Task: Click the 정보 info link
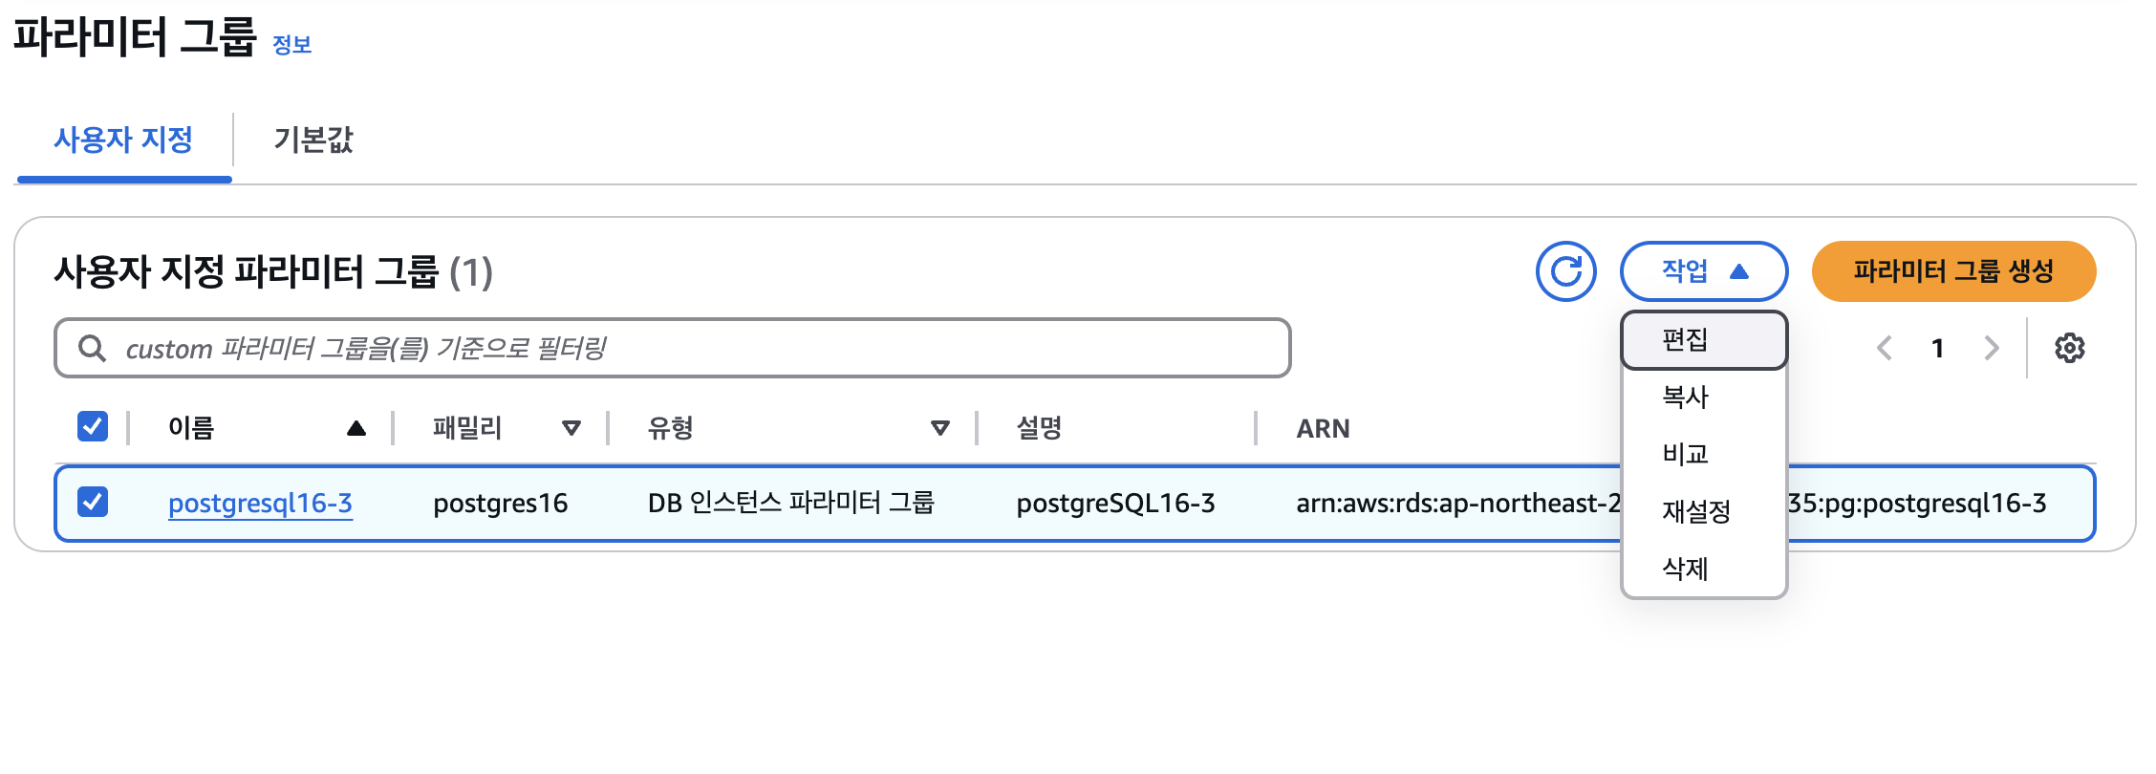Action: pyautogui.click(x=291, y=45)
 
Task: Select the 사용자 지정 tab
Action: pyautogui.click(x=123, y=140)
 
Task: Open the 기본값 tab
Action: pyautogui.click(x=313, y=140)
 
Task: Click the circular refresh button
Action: pyautogui.click(x=1565, y=271)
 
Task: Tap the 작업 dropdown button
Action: pyautogui.click(x=1703, y=271)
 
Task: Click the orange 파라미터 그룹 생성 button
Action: pyautogui.click(x=1952, y=271)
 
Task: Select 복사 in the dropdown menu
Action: pyautogui.click(x=1686, y=397)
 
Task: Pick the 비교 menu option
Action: pyautogui.click(x=1686, y=454)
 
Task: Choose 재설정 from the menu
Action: pyautogui.click(x=1696, y=511)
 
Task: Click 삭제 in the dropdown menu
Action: pyautogui.click(x=1686, y=569)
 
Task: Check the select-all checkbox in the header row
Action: pyautogui.click(x=93, y=426)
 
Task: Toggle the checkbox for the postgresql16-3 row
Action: pyautogui.click(x=93, y=502)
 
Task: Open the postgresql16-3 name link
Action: pyautogui.click(x=260, y=503)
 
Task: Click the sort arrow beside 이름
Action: pyautogui.click(x=356, y=428)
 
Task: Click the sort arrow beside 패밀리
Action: pyautogui.click(x=571, y=428)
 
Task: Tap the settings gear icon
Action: pyautogui.click(x=2069, y=348)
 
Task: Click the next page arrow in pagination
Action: pyautogui.click(x=1992, y=348)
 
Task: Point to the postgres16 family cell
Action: pyautogui.click(x=500, y=503)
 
